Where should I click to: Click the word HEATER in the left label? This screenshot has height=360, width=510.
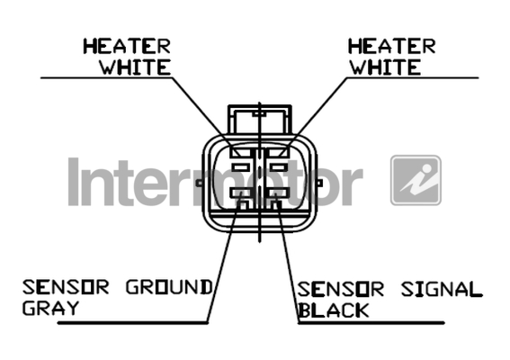[x=127, y=46]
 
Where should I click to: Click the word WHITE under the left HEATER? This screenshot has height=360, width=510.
[x=135, y=67]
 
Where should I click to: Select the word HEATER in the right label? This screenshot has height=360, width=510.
[x=391, y=46]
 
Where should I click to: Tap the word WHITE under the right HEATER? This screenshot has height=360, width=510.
[x=385, y=67]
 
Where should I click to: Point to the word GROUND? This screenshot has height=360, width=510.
[x=169, y=287]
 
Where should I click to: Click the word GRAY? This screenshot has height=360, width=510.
[x=50, y=308]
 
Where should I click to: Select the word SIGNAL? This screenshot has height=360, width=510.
[x=442, y=290]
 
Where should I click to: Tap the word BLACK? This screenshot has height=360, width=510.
[x=334, y=310]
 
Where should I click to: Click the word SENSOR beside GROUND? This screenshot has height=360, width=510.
[x=66, y=287]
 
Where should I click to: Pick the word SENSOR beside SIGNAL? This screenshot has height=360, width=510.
[x=341, y=290]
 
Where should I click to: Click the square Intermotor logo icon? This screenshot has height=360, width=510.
[x=416, y=180]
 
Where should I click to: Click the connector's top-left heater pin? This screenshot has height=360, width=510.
[x=240, y=152]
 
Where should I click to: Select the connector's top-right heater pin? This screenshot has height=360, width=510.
[x=277, y=152]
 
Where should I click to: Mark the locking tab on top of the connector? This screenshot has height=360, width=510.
[x=260, y=119]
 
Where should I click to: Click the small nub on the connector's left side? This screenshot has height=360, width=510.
[x=199, y=184]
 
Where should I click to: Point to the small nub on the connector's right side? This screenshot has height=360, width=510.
[x=319, y=184]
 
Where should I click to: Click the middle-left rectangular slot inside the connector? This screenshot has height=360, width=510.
[x=241, y=167]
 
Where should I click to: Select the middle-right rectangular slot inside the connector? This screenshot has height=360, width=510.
[x=279, y=167]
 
